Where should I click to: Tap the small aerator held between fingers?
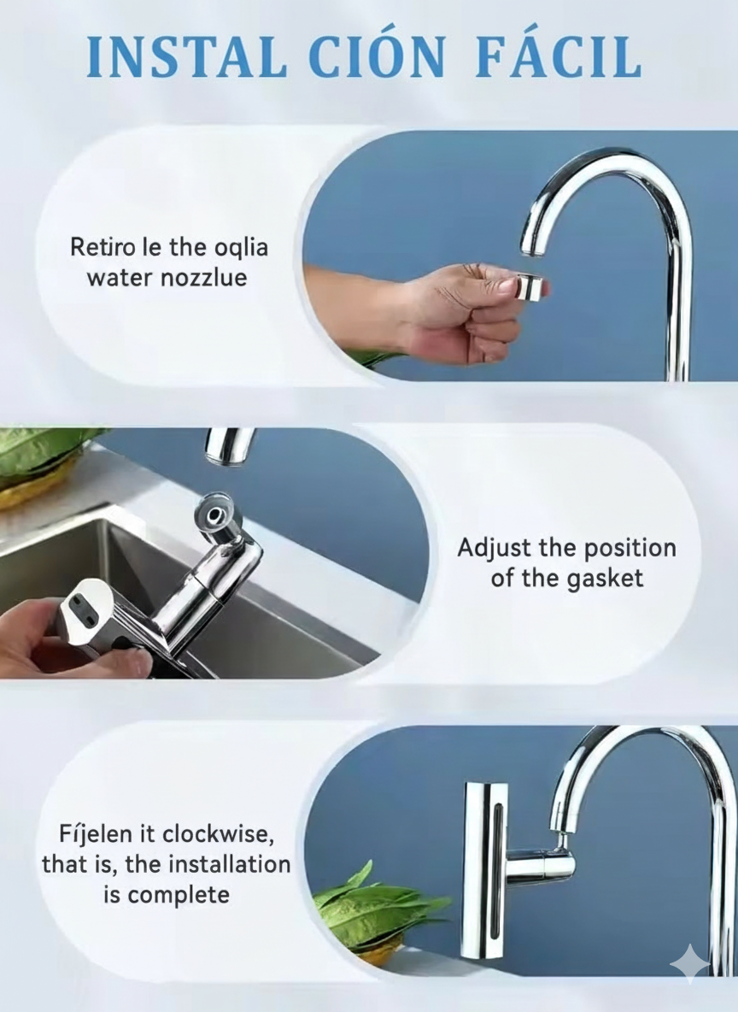click(530, 287)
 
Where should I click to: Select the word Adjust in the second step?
click(494, 547)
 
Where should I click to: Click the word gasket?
click(604, 578)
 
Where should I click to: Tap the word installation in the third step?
click(229, 864)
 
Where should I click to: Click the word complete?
click(178, 895)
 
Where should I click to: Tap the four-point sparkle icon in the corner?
click(690, 962)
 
